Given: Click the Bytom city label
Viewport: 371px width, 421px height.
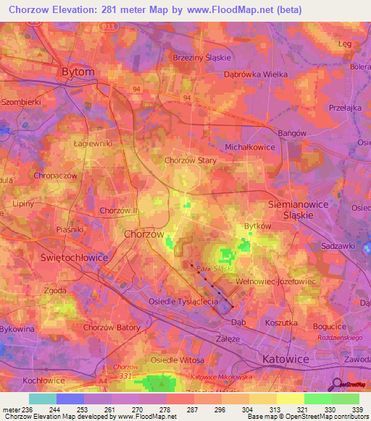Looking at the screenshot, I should point(78,72).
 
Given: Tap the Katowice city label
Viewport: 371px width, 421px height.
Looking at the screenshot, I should point(285,359).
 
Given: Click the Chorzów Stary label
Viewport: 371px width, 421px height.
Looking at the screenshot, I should point(191,161).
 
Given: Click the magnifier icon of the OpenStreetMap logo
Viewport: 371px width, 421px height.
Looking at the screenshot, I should point(336,383).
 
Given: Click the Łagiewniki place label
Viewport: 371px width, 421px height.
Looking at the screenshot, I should point(93,143).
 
